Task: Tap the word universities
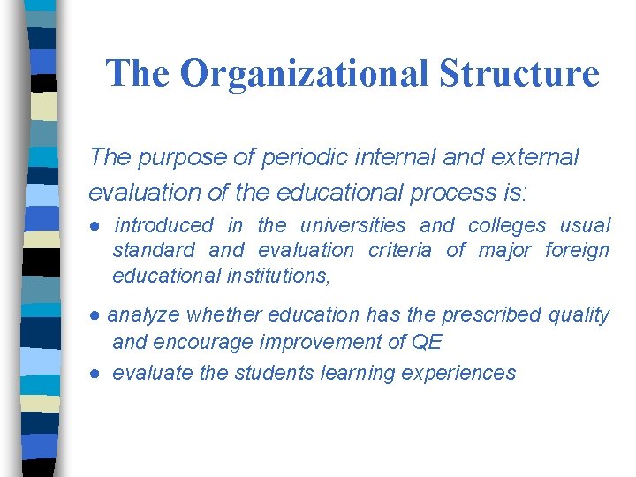pos(353,226)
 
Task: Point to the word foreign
pos(577,251)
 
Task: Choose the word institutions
pos(278,276)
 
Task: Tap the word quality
pos(579,315)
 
